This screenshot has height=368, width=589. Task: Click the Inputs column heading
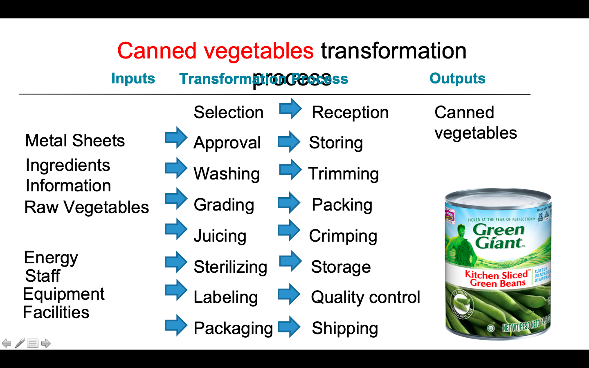pyautogui.click(x=133, y=79)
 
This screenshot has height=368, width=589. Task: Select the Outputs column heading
pyautogui.click(x=457, y=79)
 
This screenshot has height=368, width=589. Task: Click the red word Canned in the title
pyautogui.click(x=157, y=51)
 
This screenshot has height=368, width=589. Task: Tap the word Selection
pyautogui.click(x=228, y=112)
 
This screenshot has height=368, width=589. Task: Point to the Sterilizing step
pyautogui.click(x=230, y=267)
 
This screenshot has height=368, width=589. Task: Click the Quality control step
pyautogui.click(x=365, y=297)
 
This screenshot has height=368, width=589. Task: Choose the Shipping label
pyautogui.click(x=345, y=328)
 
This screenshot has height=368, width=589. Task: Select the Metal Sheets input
pyautogui.click(x=75, y=141)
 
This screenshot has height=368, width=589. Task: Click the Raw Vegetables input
pyautogui.click(x=87, y=207)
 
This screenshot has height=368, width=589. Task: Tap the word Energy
pyautogui.click(x=51, y=258)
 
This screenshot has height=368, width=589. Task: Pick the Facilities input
pyautogui.click(x=56, y=312)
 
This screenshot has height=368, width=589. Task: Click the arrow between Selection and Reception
pyautogui.click(x=290, y=109)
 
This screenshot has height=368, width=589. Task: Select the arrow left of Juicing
pyautogui.click(x=176, y=229)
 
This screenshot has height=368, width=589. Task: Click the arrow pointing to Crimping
pyautogui.click(x=289, y=230)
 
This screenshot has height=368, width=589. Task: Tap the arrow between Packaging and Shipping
pyautogui.click(x=289, y=327)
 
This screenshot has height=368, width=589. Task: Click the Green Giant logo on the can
pyautogui.click(x=498, y=236)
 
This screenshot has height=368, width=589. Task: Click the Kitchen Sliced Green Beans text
pyautogui.click(x=497, y=279)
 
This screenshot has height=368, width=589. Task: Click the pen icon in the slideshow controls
pyautogui.click(x=20, y=343)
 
